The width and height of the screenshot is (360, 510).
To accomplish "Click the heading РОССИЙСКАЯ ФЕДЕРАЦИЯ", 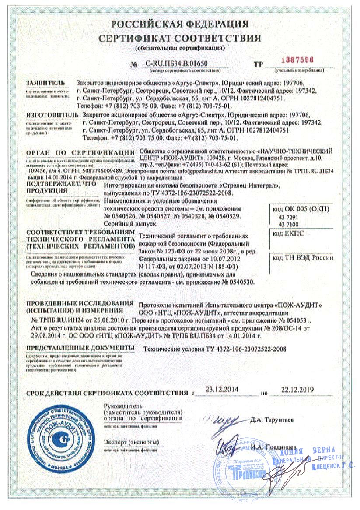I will [x=180, y=24].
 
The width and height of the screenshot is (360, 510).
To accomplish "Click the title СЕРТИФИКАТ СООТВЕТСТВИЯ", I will [x=180, y=39].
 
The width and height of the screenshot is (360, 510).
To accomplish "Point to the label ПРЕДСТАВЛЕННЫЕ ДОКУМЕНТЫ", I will [x=80, y=347].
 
